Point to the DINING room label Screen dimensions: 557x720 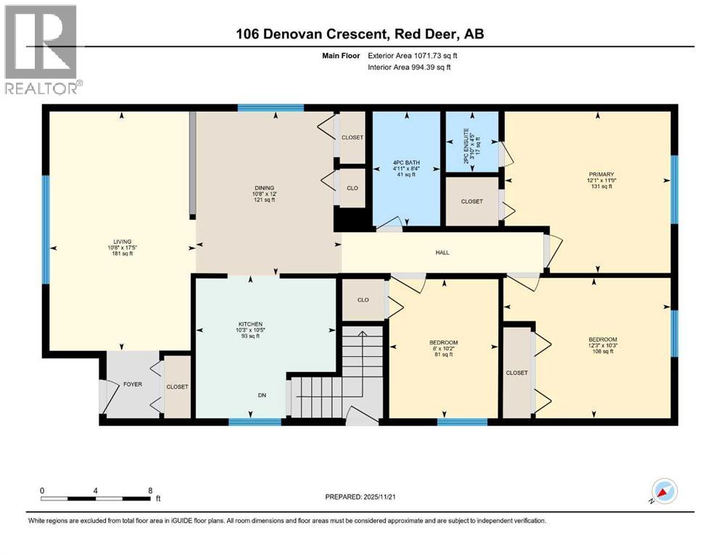click(x=264, y=189)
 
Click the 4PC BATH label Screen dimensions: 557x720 click(x=407, y=163)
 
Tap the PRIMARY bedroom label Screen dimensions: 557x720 click(x=601, y=174)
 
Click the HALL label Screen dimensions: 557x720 click(x=442, y=252)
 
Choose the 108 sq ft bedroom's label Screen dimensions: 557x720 click(x=603, y=340)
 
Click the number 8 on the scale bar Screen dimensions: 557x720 click(x=149, y=490)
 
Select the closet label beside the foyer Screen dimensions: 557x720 click(x=177, y=387)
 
